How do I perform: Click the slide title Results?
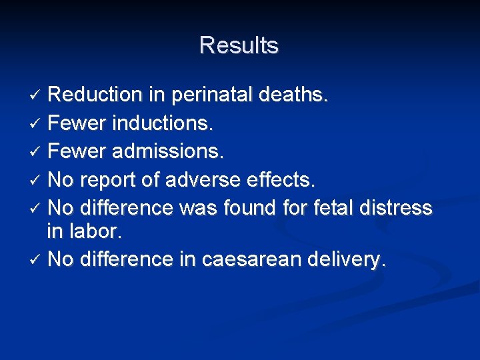point(239,45)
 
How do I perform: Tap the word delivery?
point(343,259)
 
